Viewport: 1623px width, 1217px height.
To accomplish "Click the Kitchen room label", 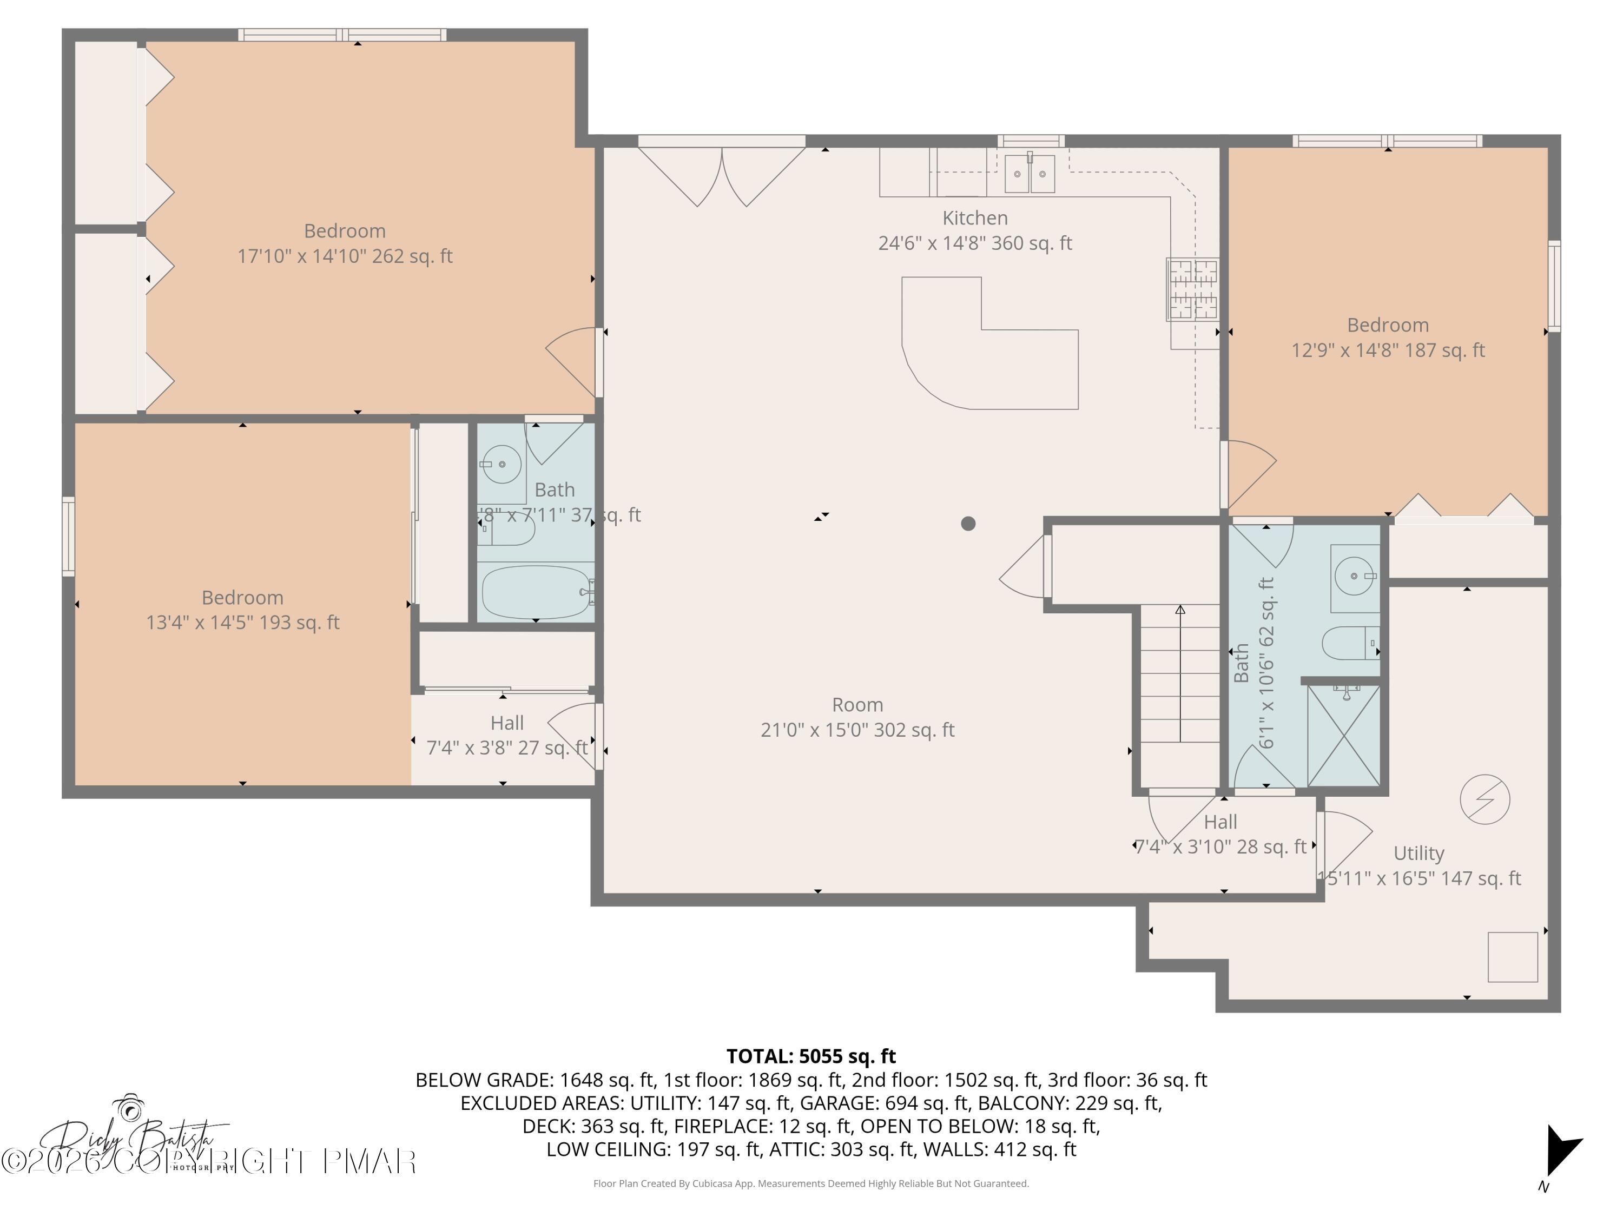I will (x=974, y=218).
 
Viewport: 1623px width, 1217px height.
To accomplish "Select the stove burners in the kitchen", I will (x=1192, y=290).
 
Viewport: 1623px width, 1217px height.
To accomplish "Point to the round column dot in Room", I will (x=968, y=523).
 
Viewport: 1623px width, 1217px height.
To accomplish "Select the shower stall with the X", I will (x=1343, y=736).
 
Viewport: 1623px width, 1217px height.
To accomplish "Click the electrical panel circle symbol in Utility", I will (x=1485, y=799).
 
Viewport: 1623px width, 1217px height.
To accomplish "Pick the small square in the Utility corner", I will (x=1512, y=957).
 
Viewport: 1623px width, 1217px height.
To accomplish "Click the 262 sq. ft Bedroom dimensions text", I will (x=345, y=256).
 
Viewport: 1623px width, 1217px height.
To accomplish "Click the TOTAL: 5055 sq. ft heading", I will (x=811, y=1056).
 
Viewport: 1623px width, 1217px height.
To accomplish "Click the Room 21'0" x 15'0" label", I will (x=857, y=717).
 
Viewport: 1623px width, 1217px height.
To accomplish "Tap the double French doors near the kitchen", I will (x=722, y=175).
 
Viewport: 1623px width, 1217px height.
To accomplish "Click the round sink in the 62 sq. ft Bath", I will (x=1353, y=576).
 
